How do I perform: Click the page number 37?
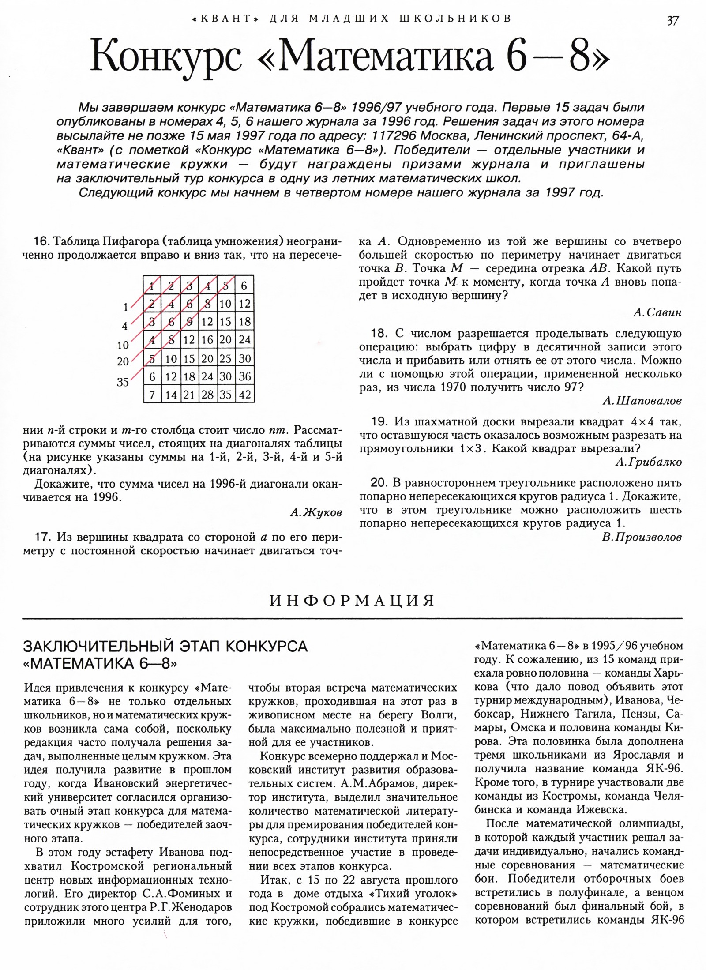point(673,20)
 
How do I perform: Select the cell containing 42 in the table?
point(244,394)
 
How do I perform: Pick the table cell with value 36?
point(244,376)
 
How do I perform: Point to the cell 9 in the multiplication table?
point(189,322)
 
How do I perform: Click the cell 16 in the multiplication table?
point(207,340)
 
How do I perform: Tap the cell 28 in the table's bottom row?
point(207,394)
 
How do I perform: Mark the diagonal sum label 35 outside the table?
point(123,382)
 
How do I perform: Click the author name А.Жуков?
point(316,512)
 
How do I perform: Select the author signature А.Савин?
point(657,312)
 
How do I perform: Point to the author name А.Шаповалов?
point(642,401)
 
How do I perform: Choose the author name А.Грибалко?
point(648,462)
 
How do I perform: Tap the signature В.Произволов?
point(642,537)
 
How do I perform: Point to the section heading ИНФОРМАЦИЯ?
point(352,601)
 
